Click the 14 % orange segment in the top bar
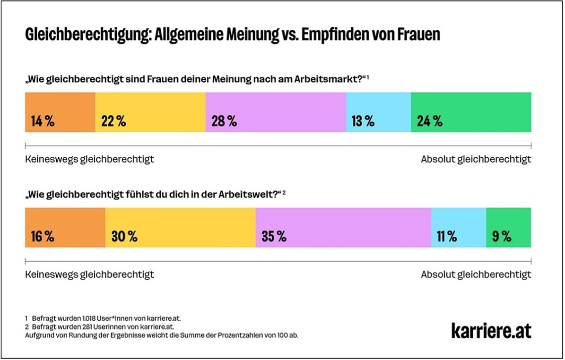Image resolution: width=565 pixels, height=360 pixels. click(60, 112)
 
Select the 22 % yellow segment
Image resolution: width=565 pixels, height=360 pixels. click(150, 112)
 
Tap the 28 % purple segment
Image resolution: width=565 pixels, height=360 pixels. click(276, 112)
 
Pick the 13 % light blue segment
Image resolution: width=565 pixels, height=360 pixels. click(378, 112)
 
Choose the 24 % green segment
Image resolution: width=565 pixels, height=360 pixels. click(471, 112)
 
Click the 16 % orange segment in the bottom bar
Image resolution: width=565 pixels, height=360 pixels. click(65, 227)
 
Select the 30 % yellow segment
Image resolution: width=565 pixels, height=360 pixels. click(180, 227)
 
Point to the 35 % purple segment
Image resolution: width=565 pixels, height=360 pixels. click(343, 227)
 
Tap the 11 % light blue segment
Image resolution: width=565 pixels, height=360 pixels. click(458, 227)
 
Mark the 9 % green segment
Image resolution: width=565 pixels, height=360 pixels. click(508, 227)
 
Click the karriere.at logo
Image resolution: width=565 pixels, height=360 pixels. click(491, 330)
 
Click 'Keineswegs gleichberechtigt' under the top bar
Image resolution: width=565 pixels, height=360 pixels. click(89, 159)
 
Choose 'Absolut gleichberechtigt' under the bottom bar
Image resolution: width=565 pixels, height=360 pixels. click(476, 274)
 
